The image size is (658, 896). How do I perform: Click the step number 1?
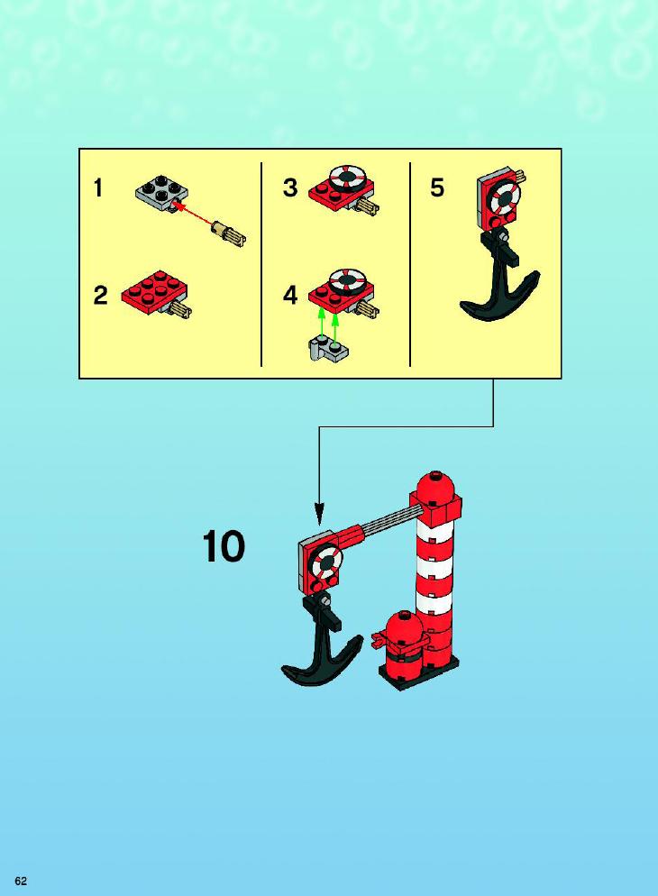pos(98,188)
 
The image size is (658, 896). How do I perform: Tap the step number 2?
pos(101,296)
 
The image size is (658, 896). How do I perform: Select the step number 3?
pos(290,188)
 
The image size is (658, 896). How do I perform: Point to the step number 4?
pos(290,296)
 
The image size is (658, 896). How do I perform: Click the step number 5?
pos(437,188)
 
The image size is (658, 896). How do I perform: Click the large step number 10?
pos(224,547)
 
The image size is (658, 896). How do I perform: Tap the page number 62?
pos(21,881)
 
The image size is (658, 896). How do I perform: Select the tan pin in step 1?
pos(228,233)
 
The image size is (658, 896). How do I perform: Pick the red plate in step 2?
pos(153,292)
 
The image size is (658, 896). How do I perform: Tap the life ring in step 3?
pos(347,178)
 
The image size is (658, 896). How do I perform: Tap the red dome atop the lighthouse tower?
pos(436,485)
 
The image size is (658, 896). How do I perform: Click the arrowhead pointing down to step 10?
pos(319,512)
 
